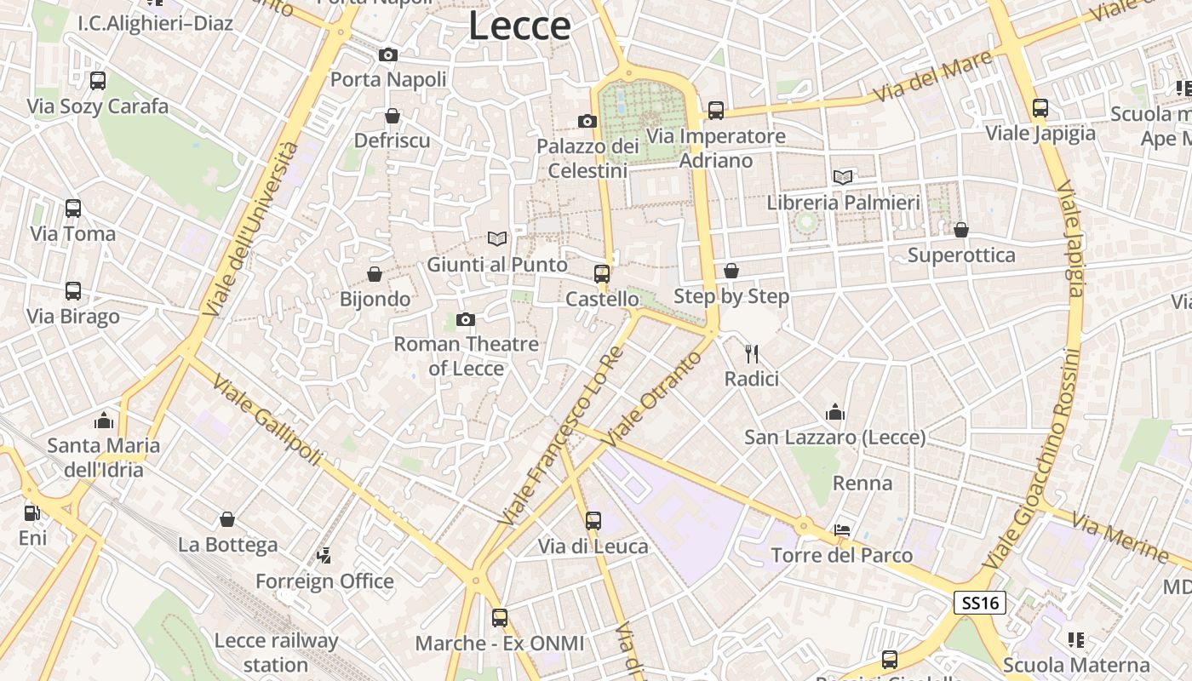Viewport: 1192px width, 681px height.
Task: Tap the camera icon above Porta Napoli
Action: [388, 55]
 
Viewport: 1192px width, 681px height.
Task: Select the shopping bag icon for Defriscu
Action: [393, 116]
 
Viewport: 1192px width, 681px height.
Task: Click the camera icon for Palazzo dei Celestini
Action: [587, 122]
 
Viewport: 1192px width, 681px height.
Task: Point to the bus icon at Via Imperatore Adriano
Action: [716, 111]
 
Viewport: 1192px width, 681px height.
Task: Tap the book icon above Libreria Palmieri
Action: [843, 177]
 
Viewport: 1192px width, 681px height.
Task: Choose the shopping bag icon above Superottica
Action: [961, 230]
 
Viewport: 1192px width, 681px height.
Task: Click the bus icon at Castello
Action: [602, 274]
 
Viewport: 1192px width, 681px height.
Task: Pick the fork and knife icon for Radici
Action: [751, 354]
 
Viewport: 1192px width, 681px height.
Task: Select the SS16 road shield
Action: [980, 604]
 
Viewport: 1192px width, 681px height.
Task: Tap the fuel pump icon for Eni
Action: [32, 512]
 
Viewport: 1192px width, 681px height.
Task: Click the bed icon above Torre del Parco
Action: [842, 530]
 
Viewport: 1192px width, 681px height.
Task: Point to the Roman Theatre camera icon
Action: [465, 319]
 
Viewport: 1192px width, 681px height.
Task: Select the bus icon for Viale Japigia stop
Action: [1040, 108]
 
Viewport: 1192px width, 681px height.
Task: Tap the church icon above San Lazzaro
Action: [835, 413]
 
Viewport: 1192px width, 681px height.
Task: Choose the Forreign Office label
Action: [324, 581]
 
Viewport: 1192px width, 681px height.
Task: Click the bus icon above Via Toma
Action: [73, 209]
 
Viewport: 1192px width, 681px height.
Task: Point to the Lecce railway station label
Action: [276, 652]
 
